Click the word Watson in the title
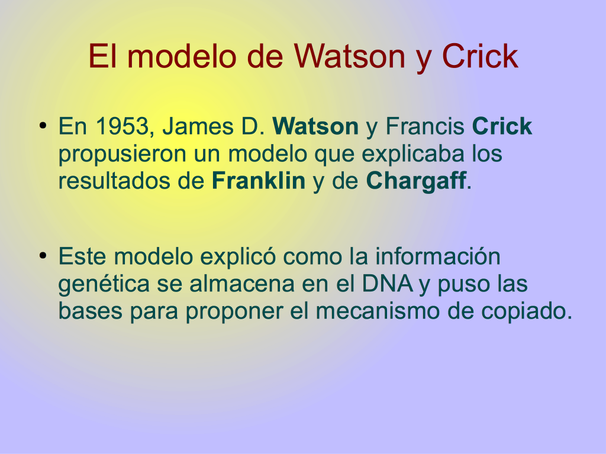click(349, 56)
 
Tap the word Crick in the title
click(479, 56)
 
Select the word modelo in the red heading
click(182, 56)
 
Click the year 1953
click(123, 126)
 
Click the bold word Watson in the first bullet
click(315, 126)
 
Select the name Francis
click(425, 126)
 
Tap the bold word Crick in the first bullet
click(502, 126)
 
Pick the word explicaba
click(412, 154)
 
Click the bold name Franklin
click(259, 180)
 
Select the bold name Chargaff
click(416, 181)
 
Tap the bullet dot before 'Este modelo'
click(43, 255)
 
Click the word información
click(438, 256)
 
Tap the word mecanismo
click(378, 311)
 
